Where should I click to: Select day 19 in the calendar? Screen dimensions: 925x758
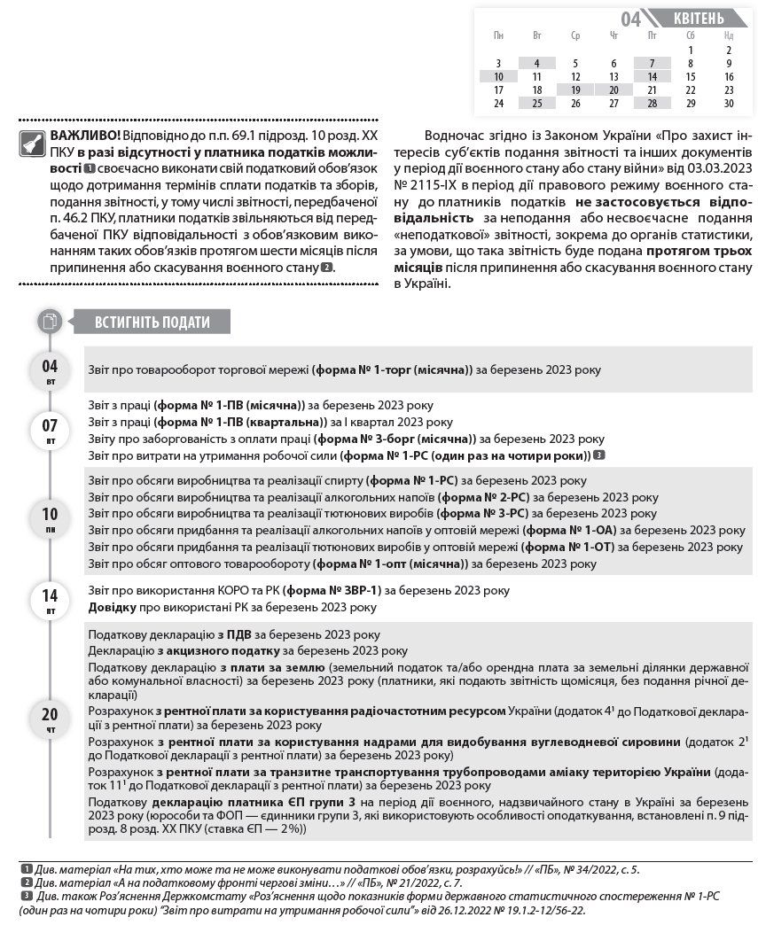575,89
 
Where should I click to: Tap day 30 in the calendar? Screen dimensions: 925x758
729,103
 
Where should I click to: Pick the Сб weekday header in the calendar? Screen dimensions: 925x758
691,35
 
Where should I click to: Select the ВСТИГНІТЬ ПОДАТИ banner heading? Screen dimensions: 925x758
152,322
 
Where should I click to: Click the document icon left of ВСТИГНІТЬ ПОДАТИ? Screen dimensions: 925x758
50,321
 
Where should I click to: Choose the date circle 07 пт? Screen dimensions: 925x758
50,430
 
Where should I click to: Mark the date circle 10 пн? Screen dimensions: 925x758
50,518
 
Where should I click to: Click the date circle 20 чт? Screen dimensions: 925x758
50,719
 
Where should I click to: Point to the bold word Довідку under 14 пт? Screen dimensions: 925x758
113,607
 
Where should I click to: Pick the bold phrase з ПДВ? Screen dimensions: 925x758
236,634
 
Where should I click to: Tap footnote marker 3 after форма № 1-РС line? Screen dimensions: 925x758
600,455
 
